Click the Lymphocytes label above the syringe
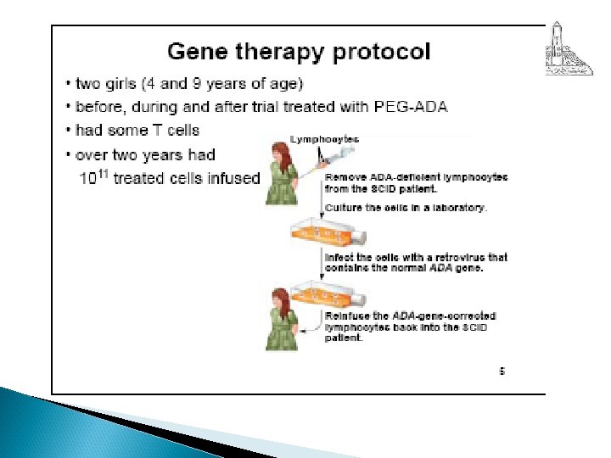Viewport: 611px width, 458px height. (x=325, y=139)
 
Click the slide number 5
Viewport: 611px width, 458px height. (x=502, y=371)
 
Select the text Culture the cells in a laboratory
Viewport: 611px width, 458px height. (x=406, y=208)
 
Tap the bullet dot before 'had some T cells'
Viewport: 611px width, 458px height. (x=67, y=131)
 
